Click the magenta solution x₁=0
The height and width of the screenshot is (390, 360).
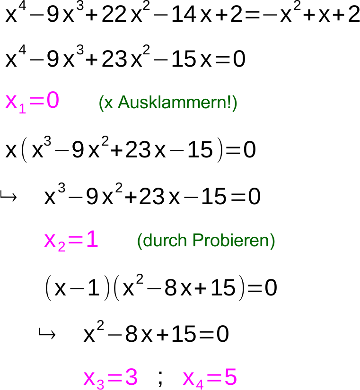pyautogui.click(x=32, y=102)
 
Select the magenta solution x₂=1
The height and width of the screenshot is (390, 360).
pyautogui.click(x=71, y=241)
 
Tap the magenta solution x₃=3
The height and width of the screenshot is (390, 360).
pyautogui.click(x=110, y=378)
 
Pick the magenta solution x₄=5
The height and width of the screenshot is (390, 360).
pyautogui.click(x=209, y=378)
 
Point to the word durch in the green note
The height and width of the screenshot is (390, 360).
pyautogui.click(x=157, y=241)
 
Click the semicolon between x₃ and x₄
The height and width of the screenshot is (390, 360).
pyautogui.click(x=160, y=378)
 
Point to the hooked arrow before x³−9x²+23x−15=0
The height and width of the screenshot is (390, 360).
pyautogui.click(x=8, y=196)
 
